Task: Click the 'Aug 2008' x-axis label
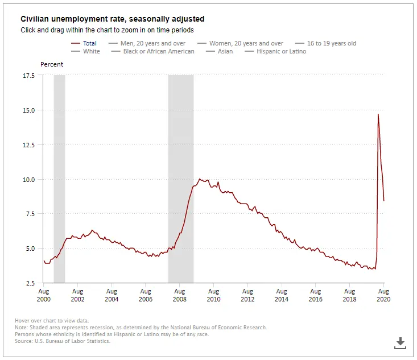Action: pyautogui.click(x=180, y=295)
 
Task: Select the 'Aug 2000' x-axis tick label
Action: pyautogui.click(x=44, y=295)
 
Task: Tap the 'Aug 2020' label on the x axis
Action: pyautogui.click(x=384, y=295)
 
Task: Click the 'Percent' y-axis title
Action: pyautogui.click(x=52, y=64)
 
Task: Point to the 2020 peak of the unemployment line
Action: pyautogui.click(x=378, y=114)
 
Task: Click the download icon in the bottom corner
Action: pyautogui.click(x=400, y=342)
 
